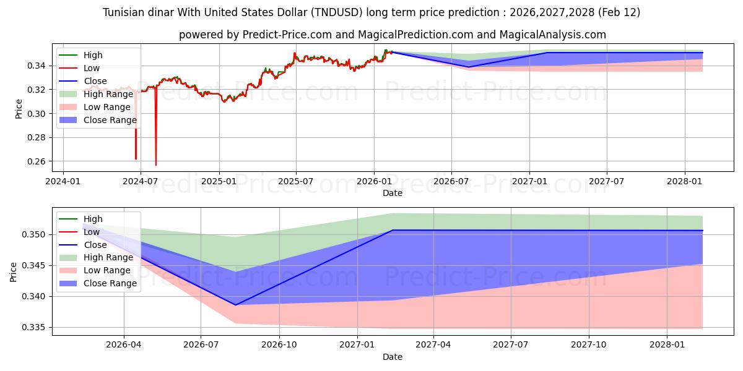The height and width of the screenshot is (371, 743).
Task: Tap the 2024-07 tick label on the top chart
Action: (x=141, y=181)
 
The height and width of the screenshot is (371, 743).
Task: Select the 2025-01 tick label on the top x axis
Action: (x=219, y=181)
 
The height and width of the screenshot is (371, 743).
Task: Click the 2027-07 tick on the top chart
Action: (x=606, y=181)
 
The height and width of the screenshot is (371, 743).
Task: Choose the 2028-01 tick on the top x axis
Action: (x=685, y=181)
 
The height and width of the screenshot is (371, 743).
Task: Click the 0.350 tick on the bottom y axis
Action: (x=37, y=235)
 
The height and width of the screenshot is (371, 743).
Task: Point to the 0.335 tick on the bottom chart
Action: (x=37, y=328)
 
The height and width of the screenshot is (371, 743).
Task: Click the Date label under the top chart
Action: (x=393, y=193)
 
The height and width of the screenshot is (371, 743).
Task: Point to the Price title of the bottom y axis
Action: (x=14, y=271)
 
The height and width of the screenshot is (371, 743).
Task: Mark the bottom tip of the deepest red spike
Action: (x=155, y=165)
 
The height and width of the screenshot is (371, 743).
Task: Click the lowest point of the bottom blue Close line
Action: (x=235, y=305)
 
